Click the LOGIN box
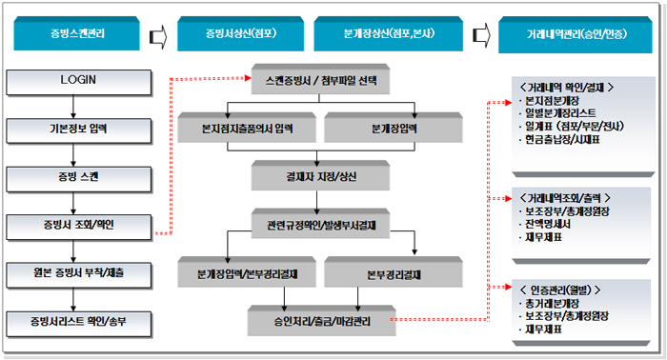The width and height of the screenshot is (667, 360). click(66, 79)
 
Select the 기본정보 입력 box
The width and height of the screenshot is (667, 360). click(66, 129)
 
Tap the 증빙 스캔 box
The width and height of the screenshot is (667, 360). click(66, 177)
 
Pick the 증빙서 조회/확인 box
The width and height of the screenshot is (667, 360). click(66, 226)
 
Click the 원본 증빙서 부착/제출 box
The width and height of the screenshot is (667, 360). click(66, 274)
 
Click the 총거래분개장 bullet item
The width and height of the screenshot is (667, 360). click(558, 304)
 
